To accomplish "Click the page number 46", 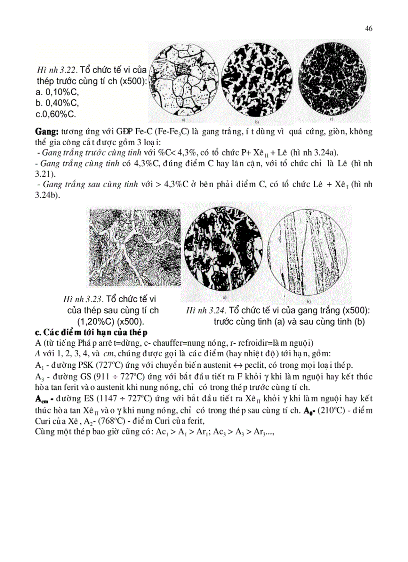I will tap(368, 29).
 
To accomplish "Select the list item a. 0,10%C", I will tap(57, 92).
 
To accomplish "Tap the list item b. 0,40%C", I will tap(57, 103).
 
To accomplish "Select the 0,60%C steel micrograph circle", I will tap(331, 81).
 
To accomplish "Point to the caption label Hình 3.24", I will tap(205, 310).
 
